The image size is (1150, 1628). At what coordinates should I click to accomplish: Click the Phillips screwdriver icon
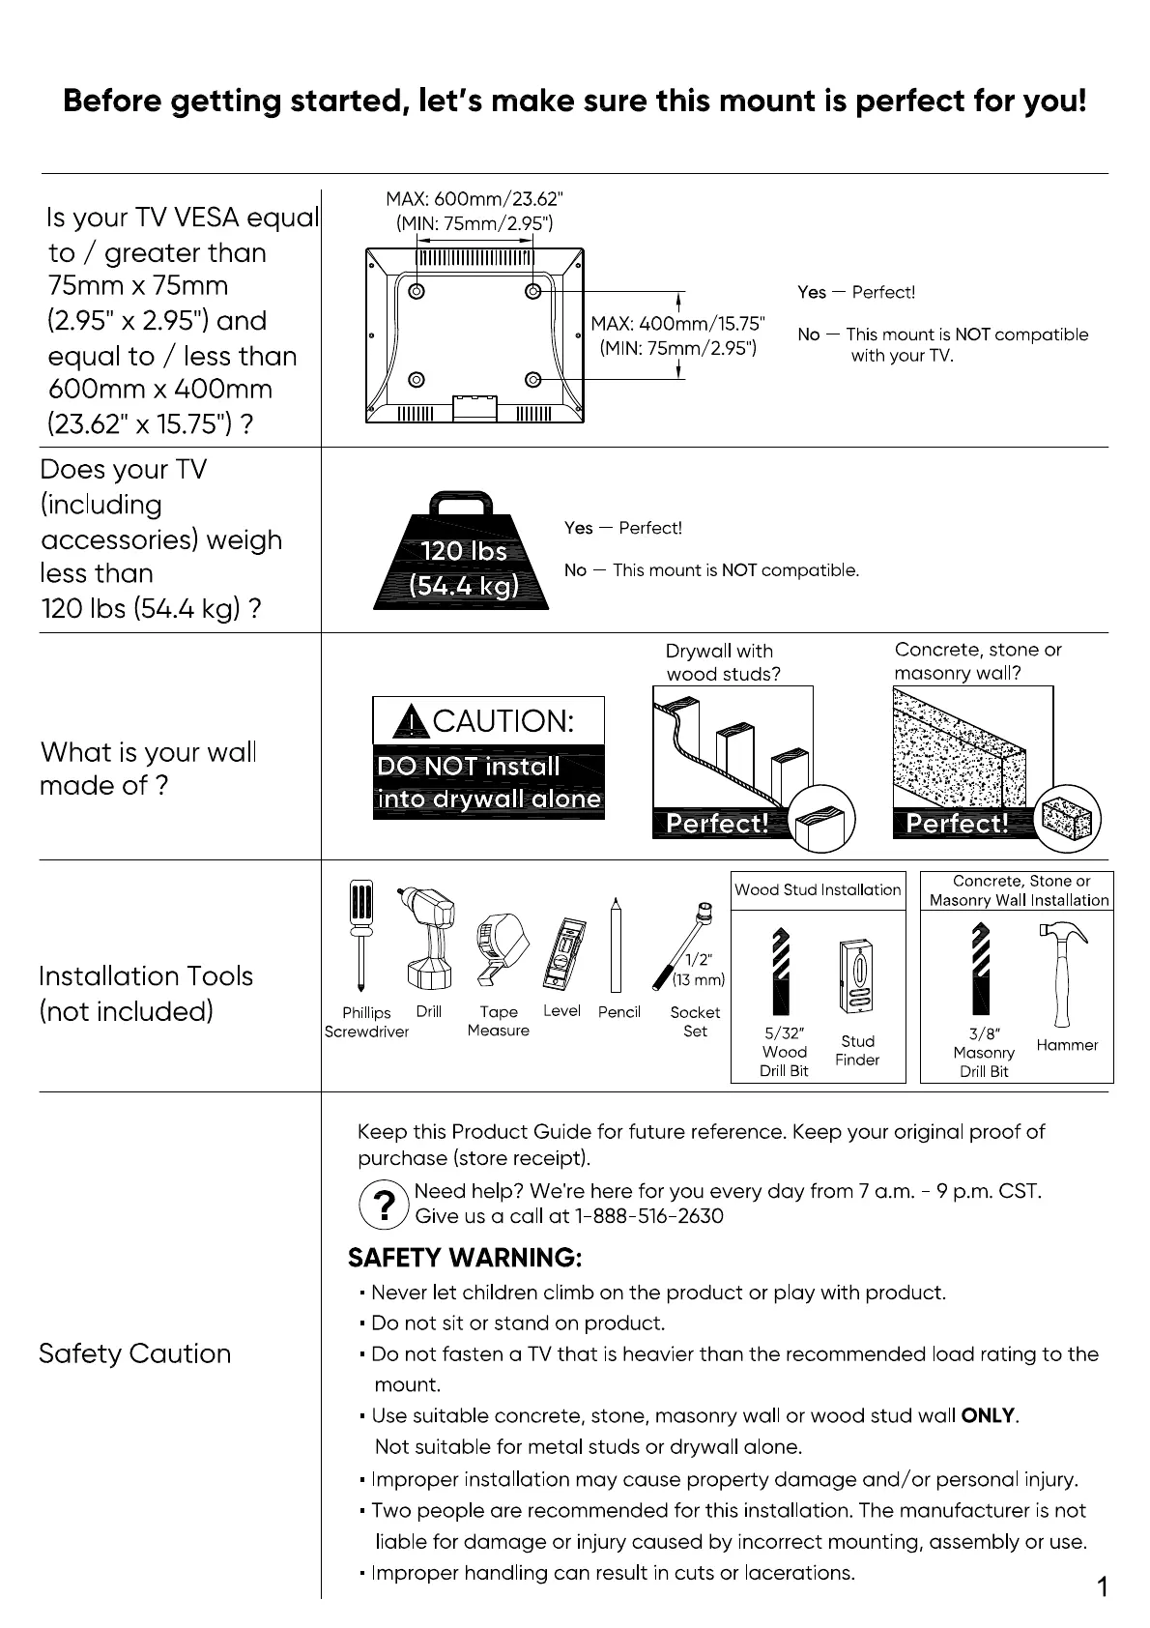[360, 933]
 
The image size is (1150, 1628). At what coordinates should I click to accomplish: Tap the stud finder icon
[856, 976]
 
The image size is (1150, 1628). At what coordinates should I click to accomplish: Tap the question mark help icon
[385, 1205]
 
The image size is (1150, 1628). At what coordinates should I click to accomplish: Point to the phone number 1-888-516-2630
[648, 1216]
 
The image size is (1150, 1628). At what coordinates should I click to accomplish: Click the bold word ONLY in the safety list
[988, 1416]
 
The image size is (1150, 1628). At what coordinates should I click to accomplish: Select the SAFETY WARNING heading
[465, 1258]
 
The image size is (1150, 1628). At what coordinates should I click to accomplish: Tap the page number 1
[1103, 1586]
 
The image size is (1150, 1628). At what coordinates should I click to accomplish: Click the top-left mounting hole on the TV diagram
[416, 291]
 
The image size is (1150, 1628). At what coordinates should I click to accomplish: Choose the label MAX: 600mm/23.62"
[474, 199]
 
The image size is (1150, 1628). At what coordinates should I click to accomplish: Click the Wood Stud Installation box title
[818, 889]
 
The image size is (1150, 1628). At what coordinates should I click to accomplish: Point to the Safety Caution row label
[135, 1353]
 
